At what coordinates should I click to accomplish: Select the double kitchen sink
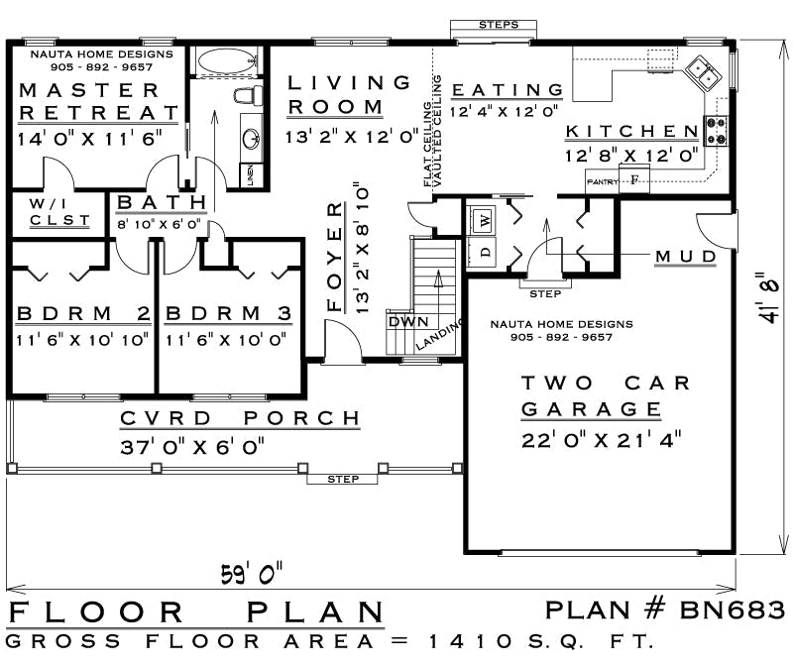[x=703, y=73]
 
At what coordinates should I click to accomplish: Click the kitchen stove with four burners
[x=716, y=131]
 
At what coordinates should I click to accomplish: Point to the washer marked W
[x=484, y=220]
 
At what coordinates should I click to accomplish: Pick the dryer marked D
[x=485, y=252]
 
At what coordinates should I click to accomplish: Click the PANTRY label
[x=603, y=182]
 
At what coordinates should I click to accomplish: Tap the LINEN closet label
[x=251, y=175]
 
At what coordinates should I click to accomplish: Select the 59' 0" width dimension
[x=252, y=574]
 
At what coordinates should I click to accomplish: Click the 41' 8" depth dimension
[x=768, y=298]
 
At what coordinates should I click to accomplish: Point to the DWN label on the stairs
[x=408, y=322]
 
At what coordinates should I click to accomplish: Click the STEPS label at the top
[x=499, y=24]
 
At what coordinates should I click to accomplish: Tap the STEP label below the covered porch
[x=343, y=479]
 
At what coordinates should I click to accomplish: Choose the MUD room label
[x=686, y=257]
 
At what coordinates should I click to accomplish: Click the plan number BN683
[x=733, y=610]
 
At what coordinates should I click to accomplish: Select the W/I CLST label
[x=59, y=212]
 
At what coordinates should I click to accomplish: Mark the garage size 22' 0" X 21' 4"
[x=602, y=440]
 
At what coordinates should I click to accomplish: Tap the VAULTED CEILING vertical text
[x=438, y=131]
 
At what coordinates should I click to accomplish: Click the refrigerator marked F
[x=634, y=179]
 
